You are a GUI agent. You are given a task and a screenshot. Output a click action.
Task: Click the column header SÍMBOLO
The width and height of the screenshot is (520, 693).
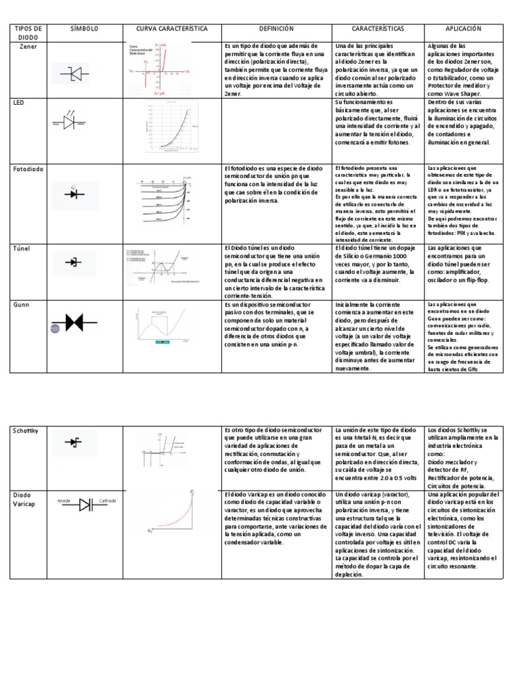tap(85, 30)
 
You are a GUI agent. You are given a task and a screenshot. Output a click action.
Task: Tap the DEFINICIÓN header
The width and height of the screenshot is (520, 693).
tap(276, 30)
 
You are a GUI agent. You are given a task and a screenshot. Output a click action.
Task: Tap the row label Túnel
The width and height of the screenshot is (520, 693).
tap(23, 249)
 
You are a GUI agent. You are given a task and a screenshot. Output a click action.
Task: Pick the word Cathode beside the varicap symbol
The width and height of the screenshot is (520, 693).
tap(108, 501)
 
